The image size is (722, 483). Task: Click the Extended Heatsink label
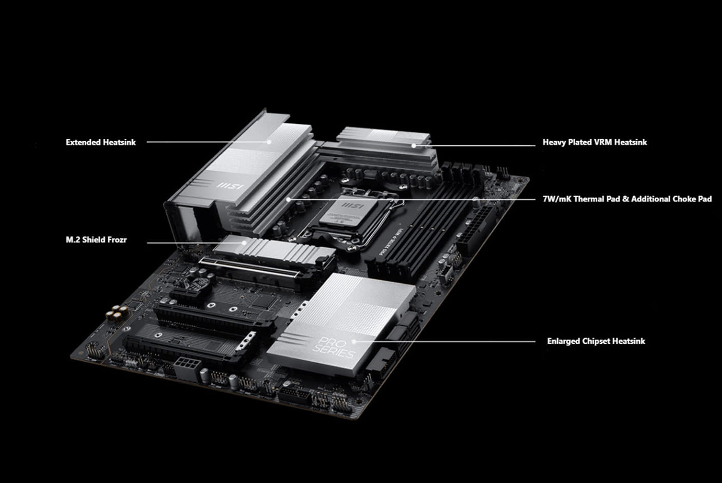coord(101,142)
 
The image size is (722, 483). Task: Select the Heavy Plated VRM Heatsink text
coord(595,142)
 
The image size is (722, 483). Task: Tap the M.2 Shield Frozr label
coord(96,240)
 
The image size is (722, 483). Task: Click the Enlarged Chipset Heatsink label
coord(596,341)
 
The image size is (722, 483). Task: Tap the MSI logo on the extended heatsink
coord(230,185)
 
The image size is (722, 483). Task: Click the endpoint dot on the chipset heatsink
coord(354,341)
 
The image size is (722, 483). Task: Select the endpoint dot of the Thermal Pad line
coord(289,198)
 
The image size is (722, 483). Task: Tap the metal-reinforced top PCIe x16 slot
coord(246,271)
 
